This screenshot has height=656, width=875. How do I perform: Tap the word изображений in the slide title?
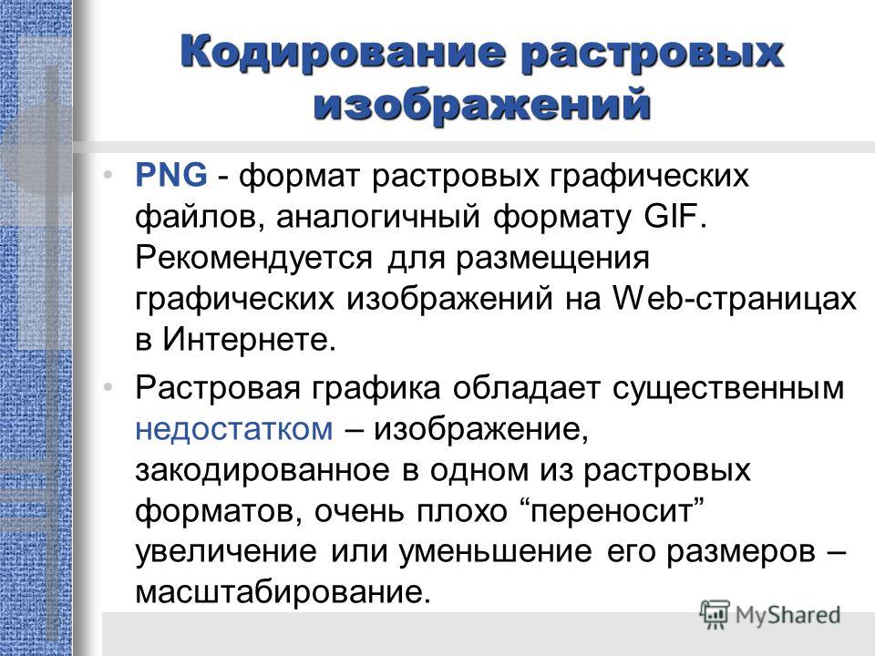pos(482,104)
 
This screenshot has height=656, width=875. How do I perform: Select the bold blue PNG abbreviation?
pos(171,175)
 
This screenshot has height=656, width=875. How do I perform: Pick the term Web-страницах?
pos(735,298)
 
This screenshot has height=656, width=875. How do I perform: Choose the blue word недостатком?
pos(234,429)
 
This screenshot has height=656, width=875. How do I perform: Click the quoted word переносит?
pos(615,511)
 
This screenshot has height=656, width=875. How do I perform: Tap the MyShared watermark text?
pos(787,615)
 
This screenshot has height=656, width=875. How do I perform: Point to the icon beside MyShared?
pos(715,614)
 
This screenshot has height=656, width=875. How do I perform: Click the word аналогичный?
pos(377,217)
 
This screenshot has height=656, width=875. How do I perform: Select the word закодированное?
pos(262,470)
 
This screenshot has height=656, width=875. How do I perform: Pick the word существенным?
pos(728,388)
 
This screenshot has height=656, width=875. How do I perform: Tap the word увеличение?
pos(226,552)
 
